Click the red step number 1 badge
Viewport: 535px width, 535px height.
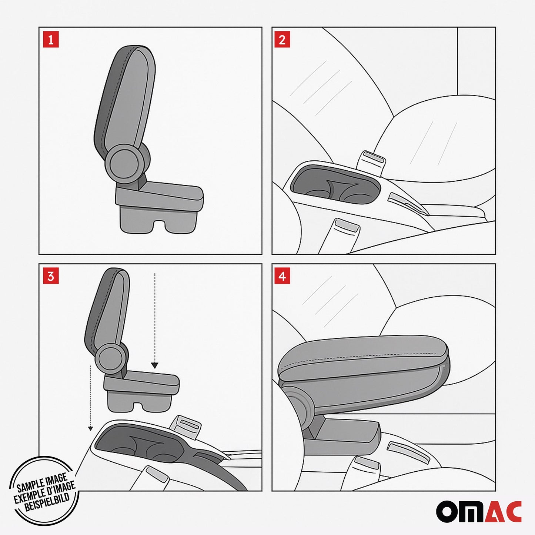[51, 40]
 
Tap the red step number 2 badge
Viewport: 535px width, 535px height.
[282, 40]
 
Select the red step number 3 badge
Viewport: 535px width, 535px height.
[51, 276]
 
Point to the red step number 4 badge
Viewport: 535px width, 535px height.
[282, 276]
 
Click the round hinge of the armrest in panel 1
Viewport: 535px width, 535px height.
[124, 164]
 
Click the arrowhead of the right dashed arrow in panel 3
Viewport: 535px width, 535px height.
[155, 365]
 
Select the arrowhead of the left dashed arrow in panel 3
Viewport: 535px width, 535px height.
[90, 428]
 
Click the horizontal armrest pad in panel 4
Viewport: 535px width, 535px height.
[363, 361]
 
